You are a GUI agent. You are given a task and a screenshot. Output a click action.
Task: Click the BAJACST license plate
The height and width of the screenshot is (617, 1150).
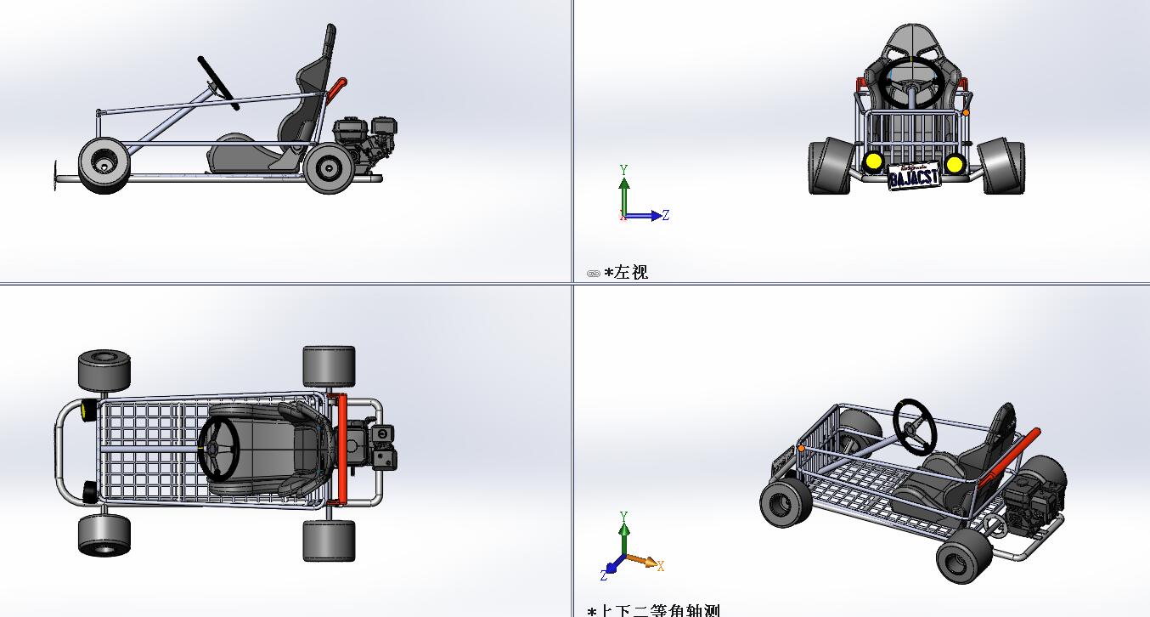pos(914,176)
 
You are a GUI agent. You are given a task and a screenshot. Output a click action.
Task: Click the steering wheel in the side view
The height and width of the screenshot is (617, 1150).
pos(216,77)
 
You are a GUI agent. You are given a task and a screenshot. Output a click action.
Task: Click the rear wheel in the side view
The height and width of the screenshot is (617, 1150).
pos(329,169)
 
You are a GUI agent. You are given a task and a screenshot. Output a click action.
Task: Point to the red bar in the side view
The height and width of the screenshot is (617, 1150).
pos(338,87)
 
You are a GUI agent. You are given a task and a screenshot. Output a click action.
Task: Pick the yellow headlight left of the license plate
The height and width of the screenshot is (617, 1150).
pos(872,161)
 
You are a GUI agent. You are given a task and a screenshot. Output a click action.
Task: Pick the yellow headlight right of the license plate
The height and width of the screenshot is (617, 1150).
pos(955,163)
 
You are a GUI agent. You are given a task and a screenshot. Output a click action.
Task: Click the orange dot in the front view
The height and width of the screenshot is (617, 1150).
pos(966,112)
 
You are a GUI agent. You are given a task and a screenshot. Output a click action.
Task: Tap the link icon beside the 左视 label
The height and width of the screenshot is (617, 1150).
pos(593,273)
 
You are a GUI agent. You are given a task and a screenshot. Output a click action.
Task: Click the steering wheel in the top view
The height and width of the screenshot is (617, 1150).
pos(219,449)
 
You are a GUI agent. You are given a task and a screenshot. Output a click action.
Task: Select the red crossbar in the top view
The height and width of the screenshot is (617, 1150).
pos(341,450)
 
